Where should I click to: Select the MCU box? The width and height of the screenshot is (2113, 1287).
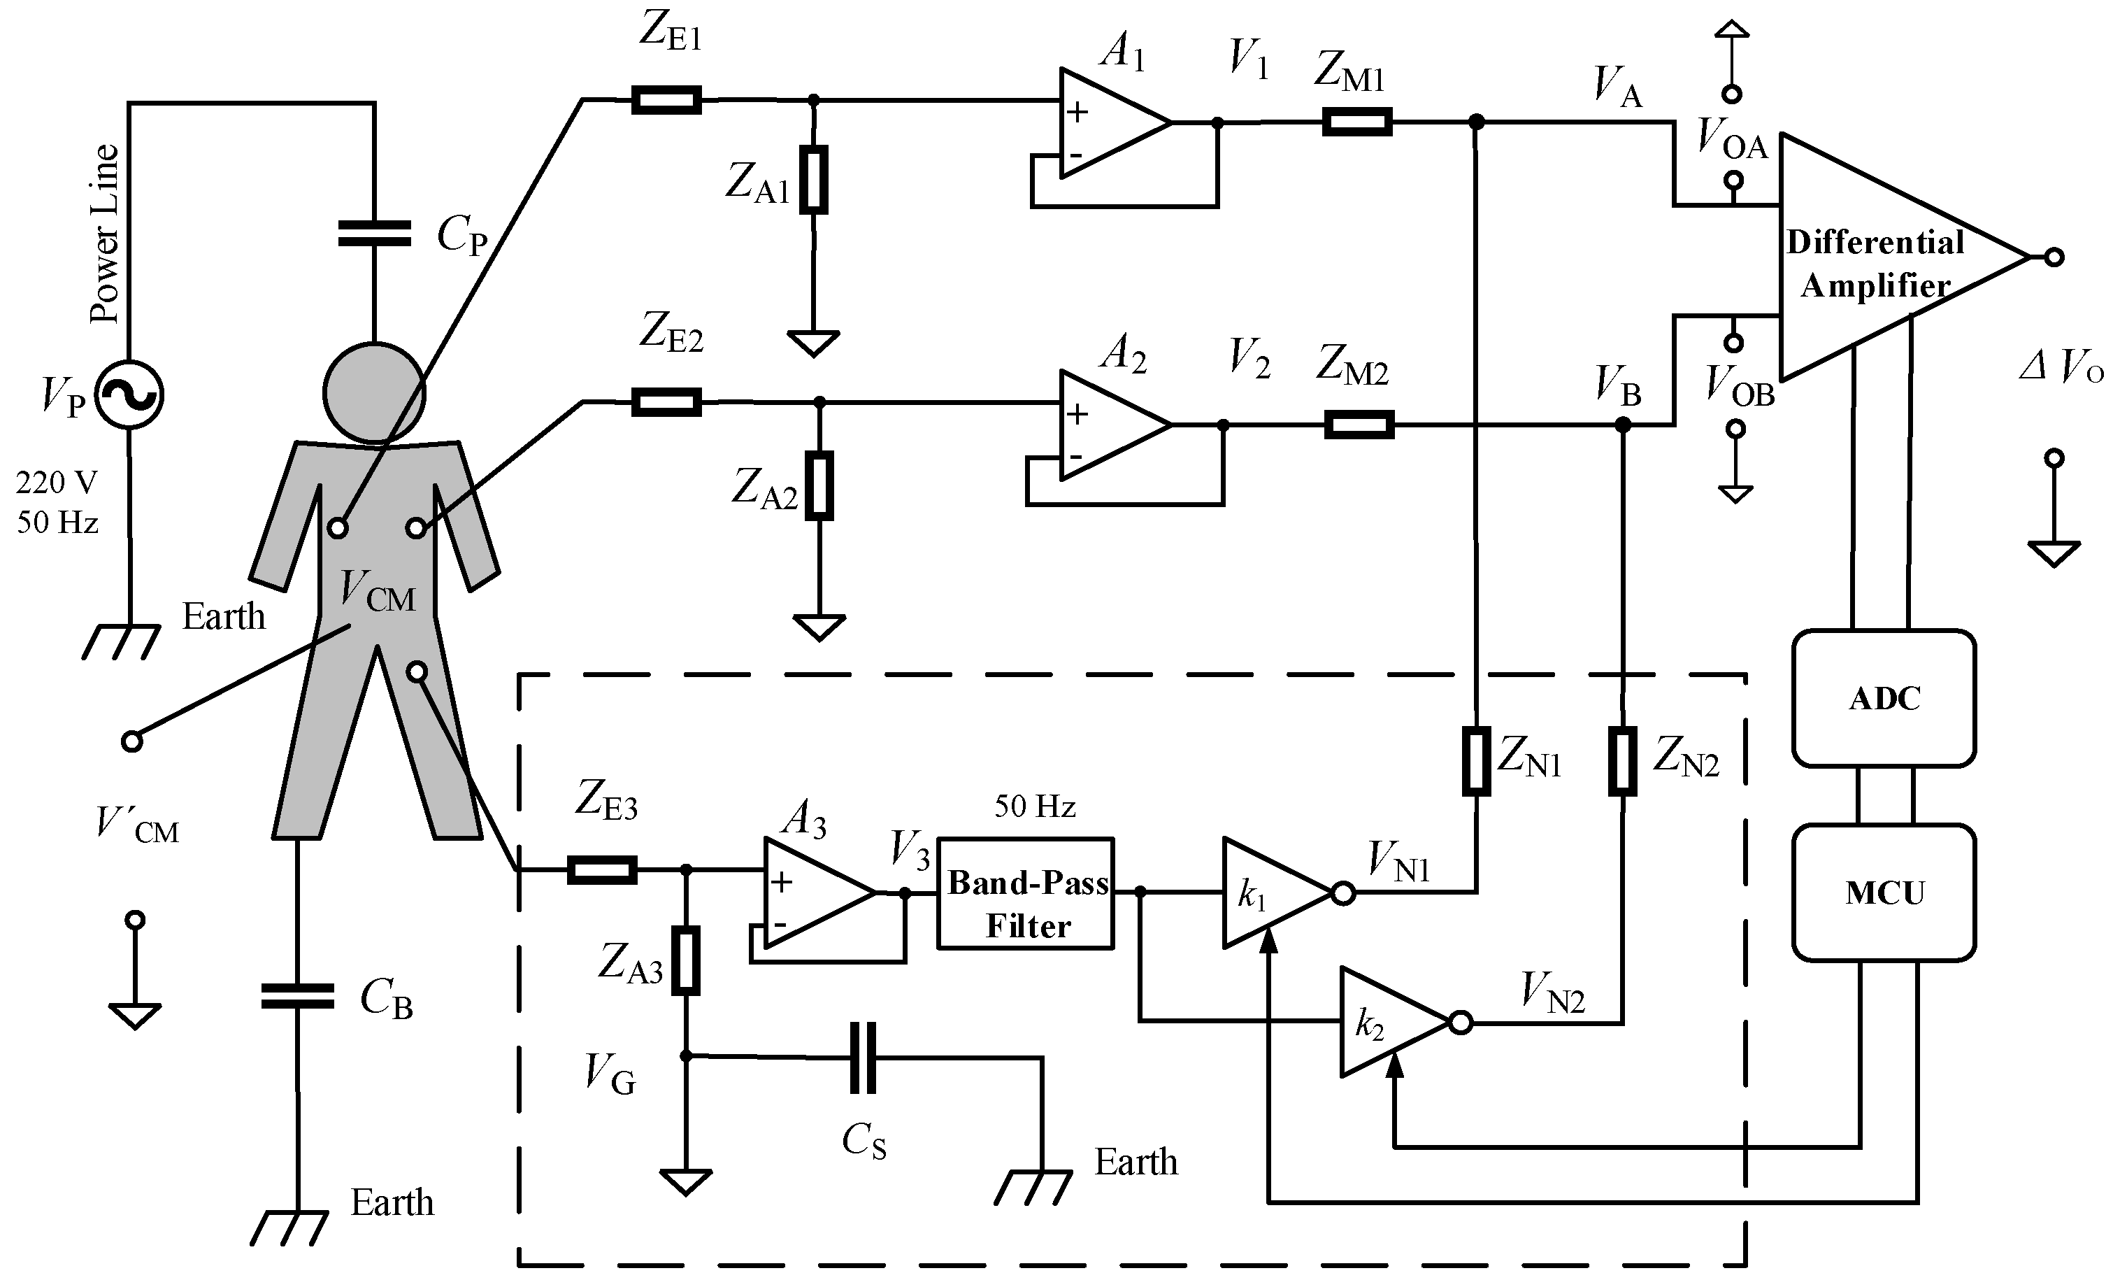(x=1884, y=893)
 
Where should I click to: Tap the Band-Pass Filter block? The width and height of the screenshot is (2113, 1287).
(x=1026, y=893)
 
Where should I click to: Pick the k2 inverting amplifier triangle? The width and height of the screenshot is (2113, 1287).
(x=1389, y=1022)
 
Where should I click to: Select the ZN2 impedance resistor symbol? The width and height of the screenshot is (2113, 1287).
(x=1621, y=760)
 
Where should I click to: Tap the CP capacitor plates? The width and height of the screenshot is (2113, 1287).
(x=374, y=234)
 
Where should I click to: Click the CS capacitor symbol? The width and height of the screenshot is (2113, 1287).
(x=863, y=1057)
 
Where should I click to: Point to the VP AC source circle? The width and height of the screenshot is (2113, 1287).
(x=129, y=394)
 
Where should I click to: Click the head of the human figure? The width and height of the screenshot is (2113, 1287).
(x=374, y=393)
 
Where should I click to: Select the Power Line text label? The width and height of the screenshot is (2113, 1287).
(x=105, y=234)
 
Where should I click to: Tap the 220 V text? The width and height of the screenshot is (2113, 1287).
(x=56, y=483)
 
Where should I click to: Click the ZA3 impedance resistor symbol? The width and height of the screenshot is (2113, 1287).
(x=685, y=960)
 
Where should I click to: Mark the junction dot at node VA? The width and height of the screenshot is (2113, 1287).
(x=1476, y=122)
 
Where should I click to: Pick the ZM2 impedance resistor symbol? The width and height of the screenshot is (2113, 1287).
(x=1359, y=425)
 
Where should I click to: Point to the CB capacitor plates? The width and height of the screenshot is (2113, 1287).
(x=296, y=996)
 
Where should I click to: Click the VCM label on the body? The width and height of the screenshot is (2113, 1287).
(x=378, y=592)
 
